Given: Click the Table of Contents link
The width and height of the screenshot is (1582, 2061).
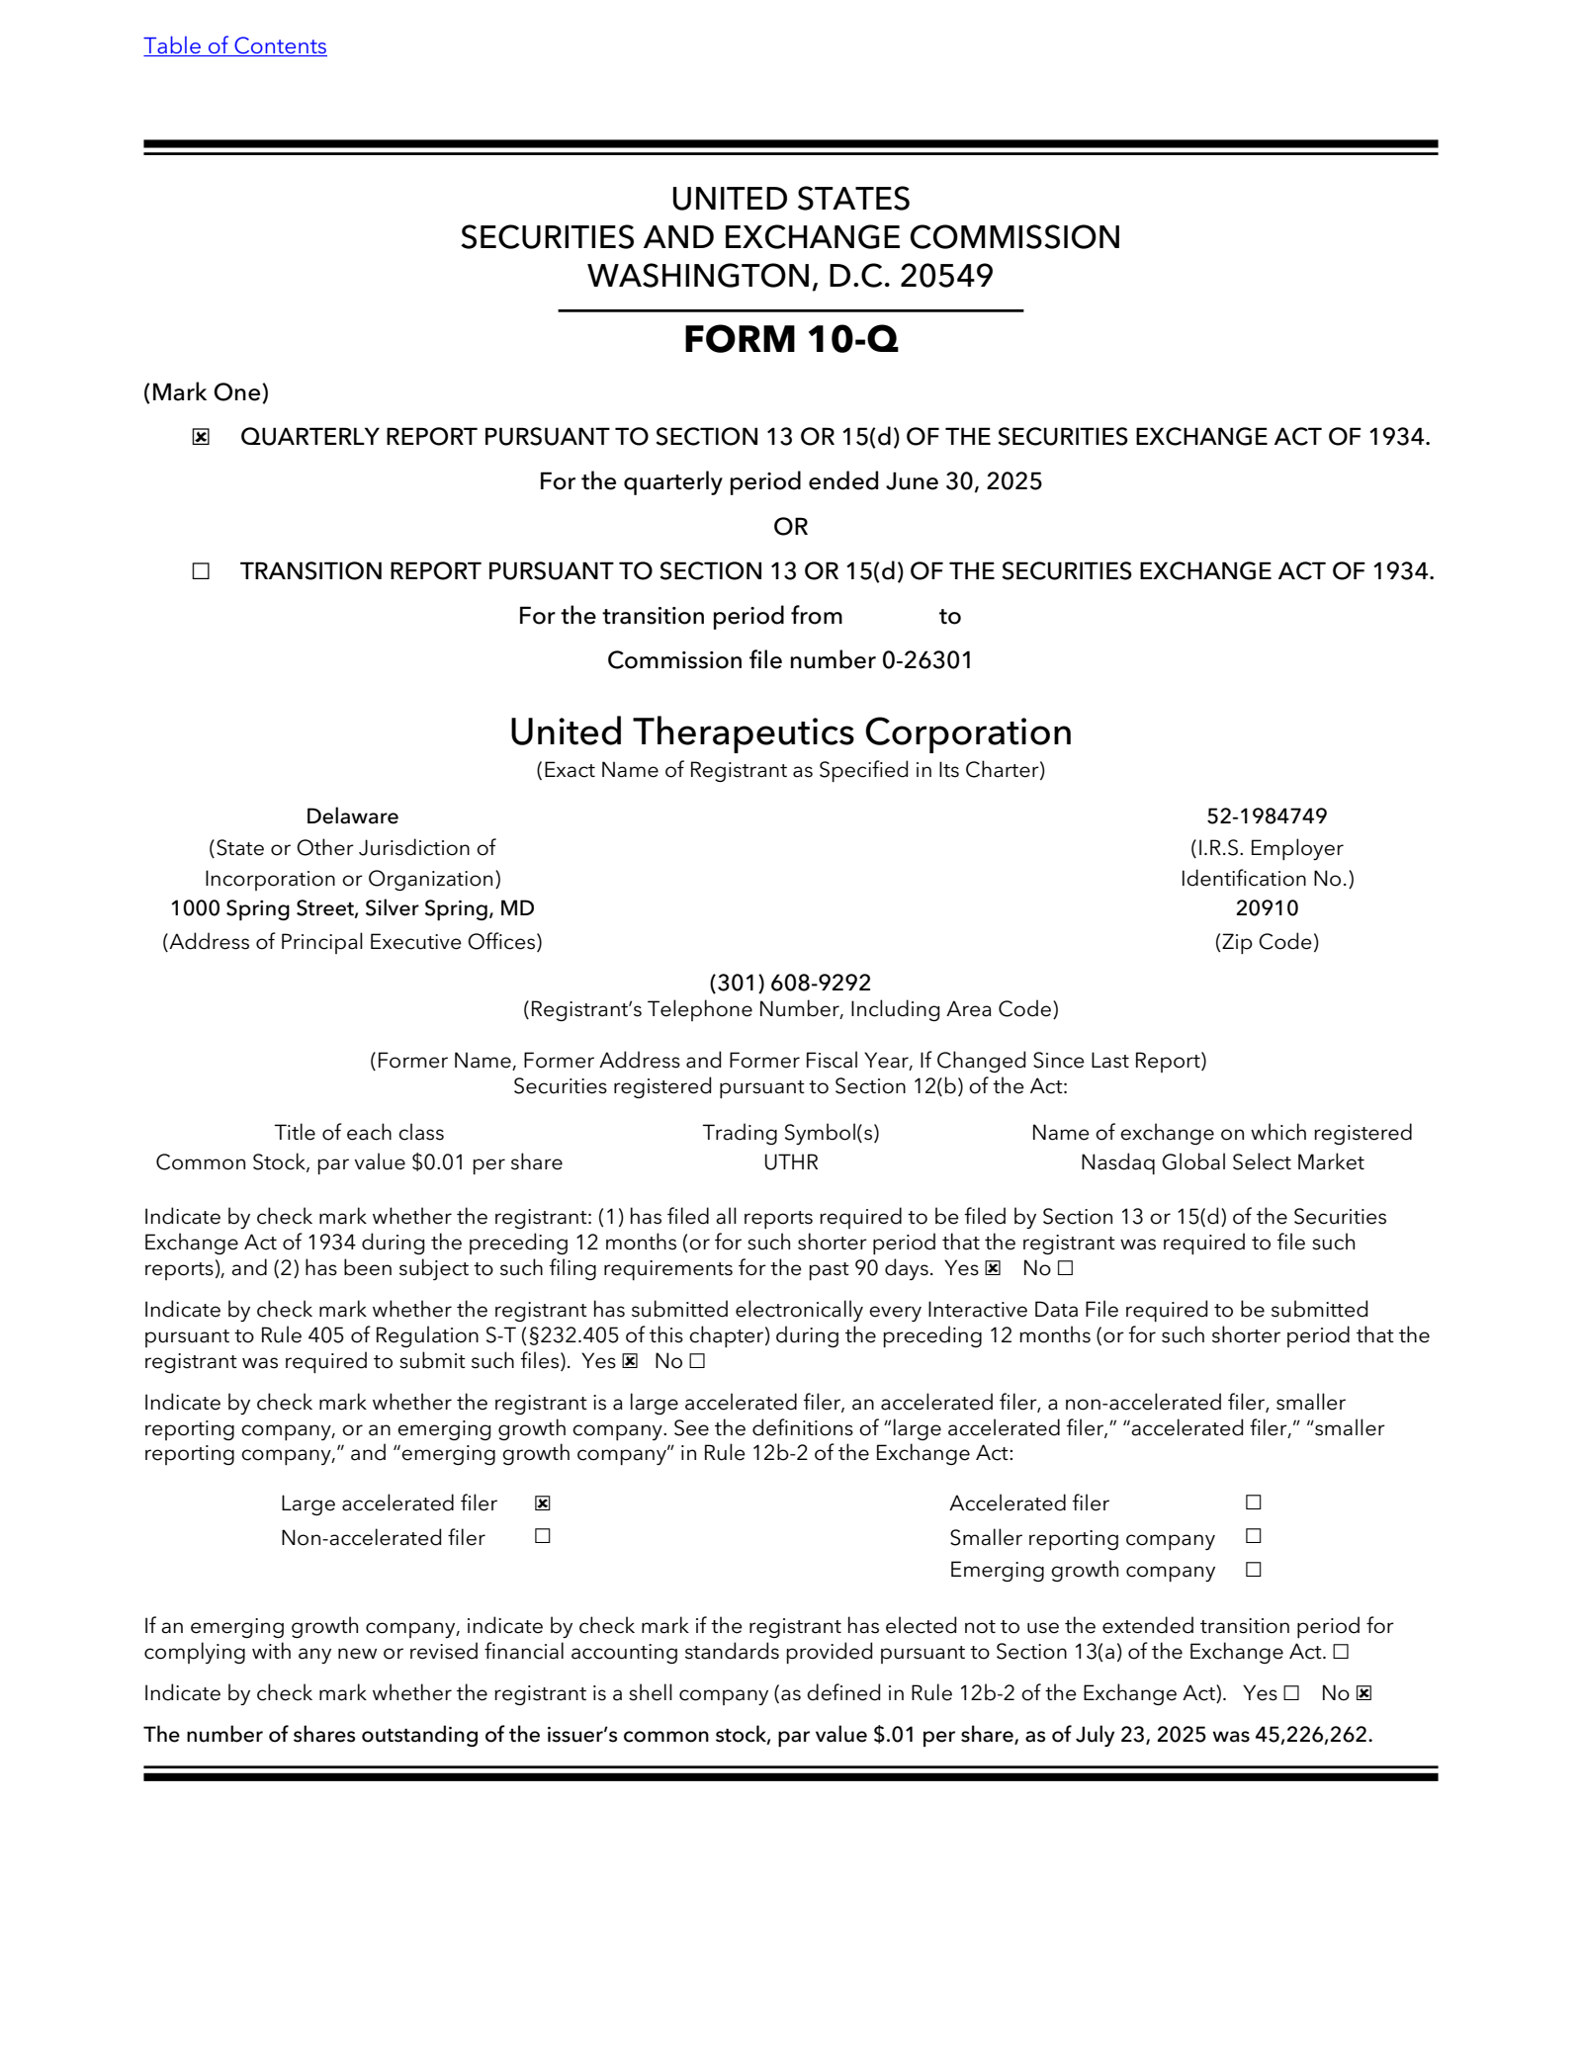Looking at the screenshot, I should click(234, 46).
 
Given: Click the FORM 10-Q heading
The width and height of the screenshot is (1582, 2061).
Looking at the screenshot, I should click(790, 339).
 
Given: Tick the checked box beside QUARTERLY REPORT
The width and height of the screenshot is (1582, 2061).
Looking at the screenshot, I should click(201, 437).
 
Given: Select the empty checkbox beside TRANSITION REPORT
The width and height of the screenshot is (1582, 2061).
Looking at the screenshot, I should click(201, 571).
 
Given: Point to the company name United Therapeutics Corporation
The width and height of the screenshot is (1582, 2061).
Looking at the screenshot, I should click(790, 732).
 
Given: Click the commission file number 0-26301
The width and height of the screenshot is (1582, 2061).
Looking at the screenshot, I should click(926, 660).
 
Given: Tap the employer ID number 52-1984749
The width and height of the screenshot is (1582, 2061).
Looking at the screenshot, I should click(1266, 816).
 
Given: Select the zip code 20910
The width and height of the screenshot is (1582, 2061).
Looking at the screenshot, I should click(1266, 908).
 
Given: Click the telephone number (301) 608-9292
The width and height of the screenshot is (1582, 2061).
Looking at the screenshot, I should click(790, 983).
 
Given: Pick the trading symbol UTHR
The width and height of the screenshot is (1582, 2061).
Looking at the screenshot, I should click(790, 1162).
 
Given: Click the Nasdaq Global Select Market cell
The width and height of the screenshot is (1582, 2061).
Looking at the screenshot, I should click(1221, 1162).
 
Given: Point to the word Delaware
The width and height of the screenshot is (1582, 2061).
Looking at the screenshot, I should click(352, 816).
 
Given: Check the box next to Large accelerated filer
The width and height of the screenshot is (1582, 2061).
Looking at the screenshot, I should click(543, 1503).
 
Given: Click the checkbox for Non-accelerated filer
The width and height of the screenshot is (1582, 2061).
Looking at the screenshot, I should click(543, 1536).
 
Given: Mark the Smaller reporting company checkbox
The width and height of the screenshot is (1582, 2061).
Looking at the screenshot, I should click(1254, 1536).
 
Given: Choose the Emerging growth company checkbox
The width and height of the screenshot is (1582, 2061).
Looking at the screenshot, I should click(1254, 1570).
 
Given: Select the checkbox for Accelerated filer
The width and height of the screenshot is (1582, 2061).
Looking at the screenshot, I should click(1254, 1503).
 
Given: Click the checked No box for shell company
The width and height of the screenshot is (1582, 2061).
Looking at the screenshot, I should click(1363, 1693).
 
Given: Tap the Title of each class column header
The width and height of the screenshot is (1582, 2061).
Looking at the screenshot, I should click(359, 1133).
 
